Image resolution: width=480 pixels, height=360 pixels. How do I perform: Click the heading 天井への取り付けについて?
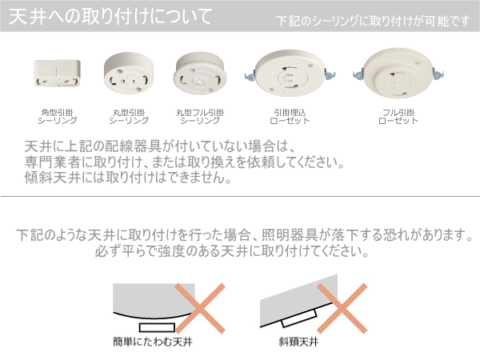click(x=110, y=17)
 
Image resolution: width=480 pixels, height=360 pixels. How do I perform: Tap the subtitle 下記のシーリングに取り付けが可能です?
click(x=373, y=21)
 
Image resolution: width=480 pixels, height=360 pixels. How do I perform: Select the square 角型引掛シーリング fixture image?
click(x=57, y=73)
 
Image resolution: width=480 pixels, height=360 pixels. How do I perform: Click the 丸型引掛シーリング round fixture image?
click(x=129, y=73)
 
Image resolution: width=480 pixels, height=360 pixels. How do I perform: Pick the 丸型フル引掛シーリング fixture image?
click(x=200, y=73)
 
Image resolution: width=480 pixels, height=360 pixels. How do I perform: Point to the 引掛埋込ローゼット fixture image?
click(x=290, y=73)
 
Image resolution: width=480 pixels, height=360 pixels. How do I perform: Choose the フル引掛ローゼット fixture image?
click(x=398, y=73)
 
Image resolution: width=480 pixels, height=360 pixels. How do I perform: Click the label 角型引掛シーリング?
click(x=57, y=117)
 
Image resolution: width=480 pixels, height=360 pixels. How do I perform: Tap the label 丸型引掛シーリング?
click(x=129, y=117)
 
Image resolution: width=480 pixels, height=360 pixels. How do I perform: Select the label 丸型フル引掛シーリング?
click(x=200, y=117)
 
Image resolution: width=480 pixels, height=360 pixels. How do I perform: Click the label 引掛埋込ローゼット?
click(x=290, y=117)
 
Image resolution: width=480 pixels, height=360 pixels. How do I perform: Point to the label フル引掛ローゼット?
click(x=398, y=117)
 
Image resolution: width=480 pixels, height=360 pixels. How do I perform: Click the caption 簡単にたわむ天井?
click(x=153, y=342)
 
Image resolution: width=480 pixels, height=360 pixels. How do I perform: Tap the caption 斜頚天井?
click(x=298, y=342)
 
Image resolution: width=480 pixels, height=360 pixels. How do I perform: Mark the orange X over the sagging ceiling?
click(x=200, y=308)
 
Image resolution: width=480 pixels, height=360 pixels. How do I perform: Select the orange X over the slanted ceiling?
click(x=342, y=308)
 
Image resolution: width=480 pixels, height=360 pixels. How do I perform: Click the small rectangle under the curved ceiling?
click(x=157, y=327)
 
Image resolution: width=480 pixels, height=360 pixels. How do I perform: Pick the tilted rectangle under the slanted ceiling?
click(x=299, y=318)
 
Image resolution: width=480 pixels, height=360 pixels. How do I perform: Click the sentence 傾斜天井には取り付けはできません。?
click(x=128, y=178)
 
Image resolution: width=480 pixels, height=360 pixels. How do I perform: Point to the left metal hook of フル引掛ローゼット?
click(x=358, y=74)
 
